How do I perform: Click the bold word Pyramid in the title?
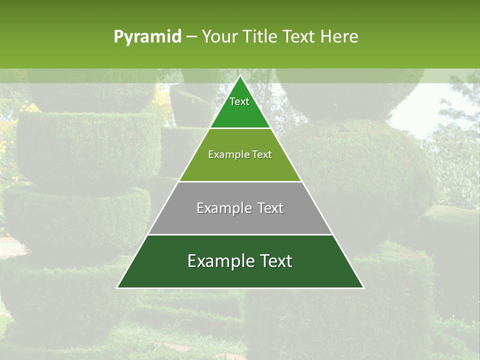[x=147, y=37]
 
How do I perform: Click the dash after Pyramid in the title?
[x=191, y=37]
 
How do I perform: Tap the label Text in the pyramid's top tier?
[x=239, y=101]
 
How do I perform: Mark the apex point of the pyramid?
[x=240, y=76]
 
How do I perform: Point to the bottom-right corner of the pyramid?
[x=363, y=287]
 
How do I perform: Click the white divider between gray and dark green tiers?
[x=240, y=234]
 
